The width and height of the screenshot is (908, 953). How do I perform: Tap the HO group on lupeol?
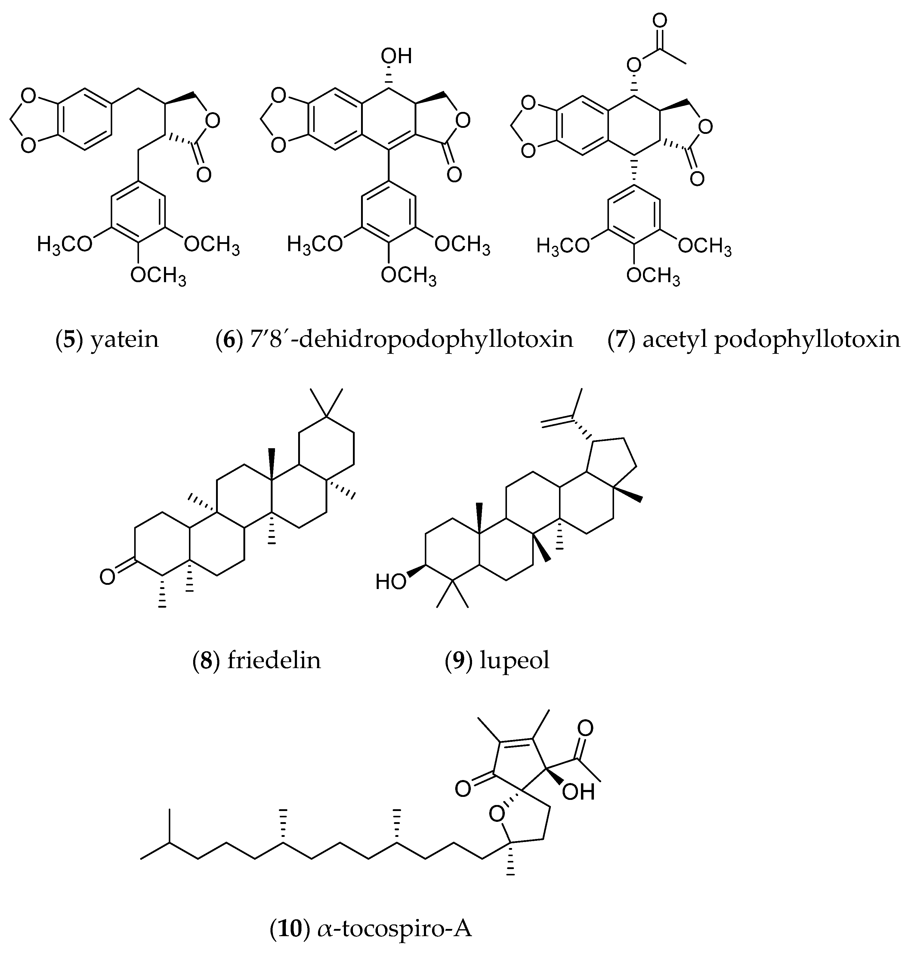pyautogui.click(x=391, y=581)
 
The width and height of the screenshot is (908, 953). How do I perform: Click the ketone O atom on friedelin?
pyautogui.click(x=107, y=577)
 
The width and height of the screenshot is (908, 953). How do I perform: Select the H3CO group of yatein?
pyautogui.click(x=64, y=245)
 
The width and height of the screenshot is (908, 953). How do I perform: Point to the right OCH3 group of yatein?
pyautogui.click(x=212, y=245)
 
